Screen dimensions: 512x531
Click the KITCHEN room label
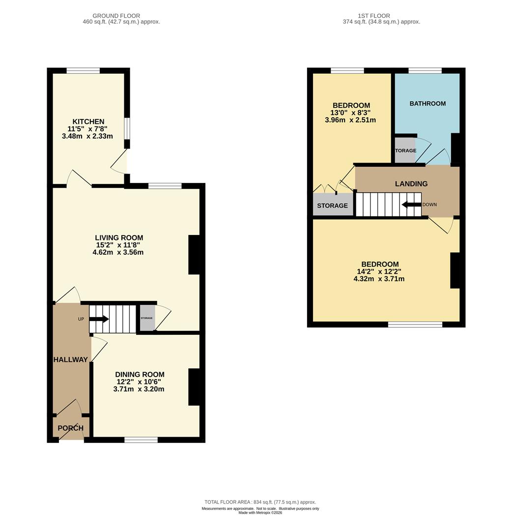[88, 121]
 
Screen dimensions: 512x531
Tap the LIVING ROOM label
[119, 238]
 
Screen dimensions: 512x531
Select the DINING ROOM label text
[140, 375]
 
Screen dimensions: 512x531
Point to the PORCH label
[70, 428]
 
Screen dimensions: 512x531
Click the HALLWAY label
[70, 359]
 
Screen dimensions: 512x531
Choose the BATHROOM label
[427, 104]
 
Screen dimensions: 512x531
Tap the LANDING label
[411, 184]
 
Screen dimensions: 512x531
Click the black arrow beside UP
[99, 319]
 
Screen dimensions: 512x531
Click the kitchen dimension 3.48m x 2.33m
[87, 137]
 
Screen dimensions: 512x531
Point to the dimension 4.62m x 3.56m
[118, 252]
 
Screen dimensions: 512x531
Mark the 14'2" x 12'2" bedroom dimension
[379, 271]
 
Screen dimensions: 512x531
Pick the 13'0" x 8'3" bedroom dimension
[350, 113]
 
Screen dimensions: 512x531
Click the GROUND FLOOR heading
[116, 16]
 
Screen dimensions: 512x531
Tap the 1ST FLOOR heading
[373, 16]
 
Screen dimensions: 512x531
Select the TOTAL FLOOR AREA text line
[260, 502]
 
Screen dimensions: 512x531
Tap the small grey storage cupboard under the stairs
[147, 318]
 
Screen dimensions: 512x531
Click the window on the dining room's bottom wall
[141, 440]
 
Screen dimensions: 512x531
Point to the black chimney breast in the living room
[194, 255]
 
